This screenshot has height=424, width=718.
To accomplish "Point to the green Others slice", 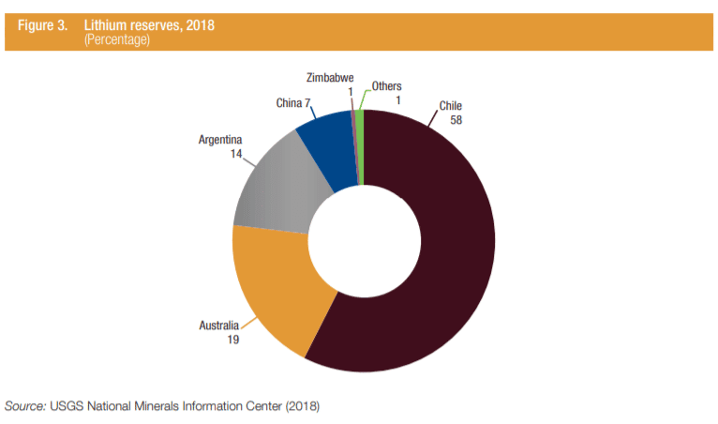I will [x=360, y=141].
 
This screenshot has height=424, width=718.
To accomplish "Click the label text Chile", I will [x=451, y=106].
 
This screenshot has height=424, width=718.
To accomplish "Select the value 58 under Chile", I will [x=456, y=120].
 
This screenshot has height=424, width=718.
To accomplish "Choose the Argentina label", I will [x=221, y=140].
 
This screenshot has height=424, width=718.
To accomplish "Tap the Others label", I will [x=386, y=86].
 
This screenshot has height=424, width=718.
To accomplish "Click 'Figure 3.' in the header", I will [x=42, y=25].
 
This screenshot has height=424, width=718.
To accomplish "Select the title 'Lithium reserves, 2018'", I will [x=149, y=25].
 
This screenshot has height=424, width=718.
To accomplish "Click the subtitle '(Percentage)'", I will [x=119, y=39].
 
